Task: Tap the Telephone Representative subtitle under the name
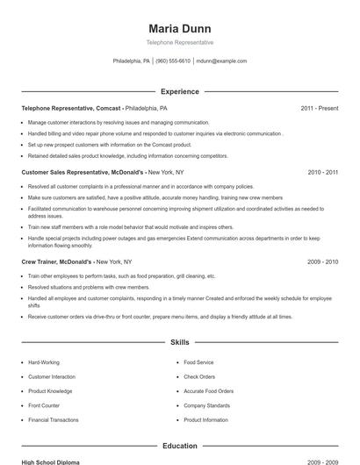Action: [179, 43]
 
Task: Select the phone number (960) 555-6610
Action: [173, 61]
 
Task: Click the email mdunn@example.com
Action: [221, 61]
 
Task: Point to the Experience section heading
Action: [179, 91]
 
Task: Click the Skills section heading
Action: [179, 341]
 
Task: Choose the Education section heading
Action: [179, 446]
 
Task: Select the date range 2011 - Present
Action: [319, 108]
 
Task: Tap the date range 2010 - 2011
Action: [322, 173]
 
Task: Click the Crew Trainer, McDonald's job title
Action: [56, 261]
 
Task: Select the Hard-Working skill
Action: [44, 361]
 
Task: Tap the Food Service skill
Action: [198, 361]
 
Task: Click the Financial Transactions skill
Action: [54, 420]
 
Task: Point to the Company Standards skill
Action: [206, 405]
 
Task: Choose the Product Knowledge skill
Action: [50, 391]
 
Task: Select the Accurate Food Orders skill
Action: [209, 391]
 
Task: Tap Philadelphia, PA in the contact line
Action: [132, 61]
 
